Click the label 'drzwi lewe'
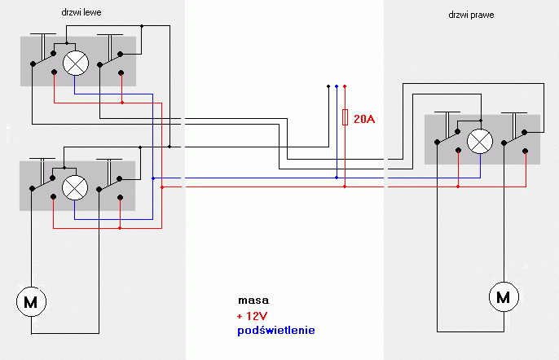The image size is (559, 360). (81, 12)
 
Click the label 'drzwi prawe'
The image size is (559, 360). (471, 15)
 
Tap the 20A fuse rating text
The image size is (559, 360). (364, 119)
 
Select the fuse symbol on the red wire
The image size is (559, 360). (345, 117)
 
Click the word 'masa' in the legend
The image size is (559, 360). (253, 301)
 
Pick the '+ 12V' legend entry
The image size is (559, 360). (252, 316)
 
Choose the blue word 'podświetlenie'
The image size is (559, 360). (276, 331)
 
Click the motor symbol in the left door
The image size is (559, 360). (31, 301)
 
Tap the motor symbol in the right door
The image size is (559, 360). (504, 297)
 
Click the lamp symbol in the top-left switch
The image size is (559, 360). (76, 63)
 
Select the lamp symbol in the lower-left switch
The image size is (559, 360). (75, 187)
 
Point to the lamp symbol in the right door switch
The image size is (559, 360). (480, 141)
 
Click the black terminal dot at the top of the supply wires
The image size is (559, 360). (328, 86)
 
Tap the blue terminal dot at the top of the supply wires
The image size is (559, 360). (337, 86)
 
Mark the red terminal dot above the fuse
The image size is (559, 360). (345, 86)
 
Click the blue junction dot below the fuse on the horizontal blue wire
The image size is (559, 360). (337, 178)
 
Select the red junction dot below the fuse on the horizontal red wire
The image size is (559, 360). (345, 187)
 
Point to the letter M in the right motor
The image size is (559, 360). (504, 297)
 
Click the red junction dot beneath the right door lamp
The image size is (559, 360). (458, 187)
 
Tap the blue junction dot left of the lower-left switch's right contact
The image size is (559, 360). (153, 178)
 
